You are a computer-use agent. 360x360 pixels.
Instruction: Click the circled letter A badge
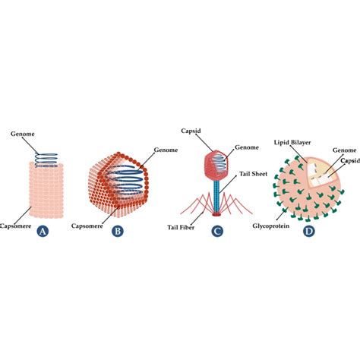pos(43,232)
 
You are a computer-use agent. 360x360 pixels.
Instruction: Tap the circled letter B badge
pos(117,231)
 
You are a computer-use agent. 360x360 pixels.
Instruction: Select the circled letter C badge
pos(217,232)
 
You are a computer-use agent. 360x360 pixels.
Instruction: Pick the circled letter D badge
pos(308,231)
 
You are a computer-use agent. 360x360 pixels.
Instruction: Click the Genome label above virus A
pos(22,134)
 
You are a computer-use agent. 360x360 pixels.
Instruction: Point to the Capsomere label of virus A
pos(15,225)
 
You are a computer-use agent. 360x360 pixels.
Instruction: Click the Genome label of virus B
pos(186,150)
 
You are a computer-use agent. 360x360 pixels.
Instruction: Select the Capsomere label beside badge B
pos(89,226)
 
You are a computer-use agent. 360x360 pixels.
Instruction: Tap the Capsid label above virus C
pos(189,130)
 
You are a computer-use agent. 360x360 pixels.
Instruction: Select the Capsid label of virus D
pos(349,160)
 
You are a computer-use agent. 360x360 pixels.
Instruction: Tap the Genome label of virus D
pos(344,151)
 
